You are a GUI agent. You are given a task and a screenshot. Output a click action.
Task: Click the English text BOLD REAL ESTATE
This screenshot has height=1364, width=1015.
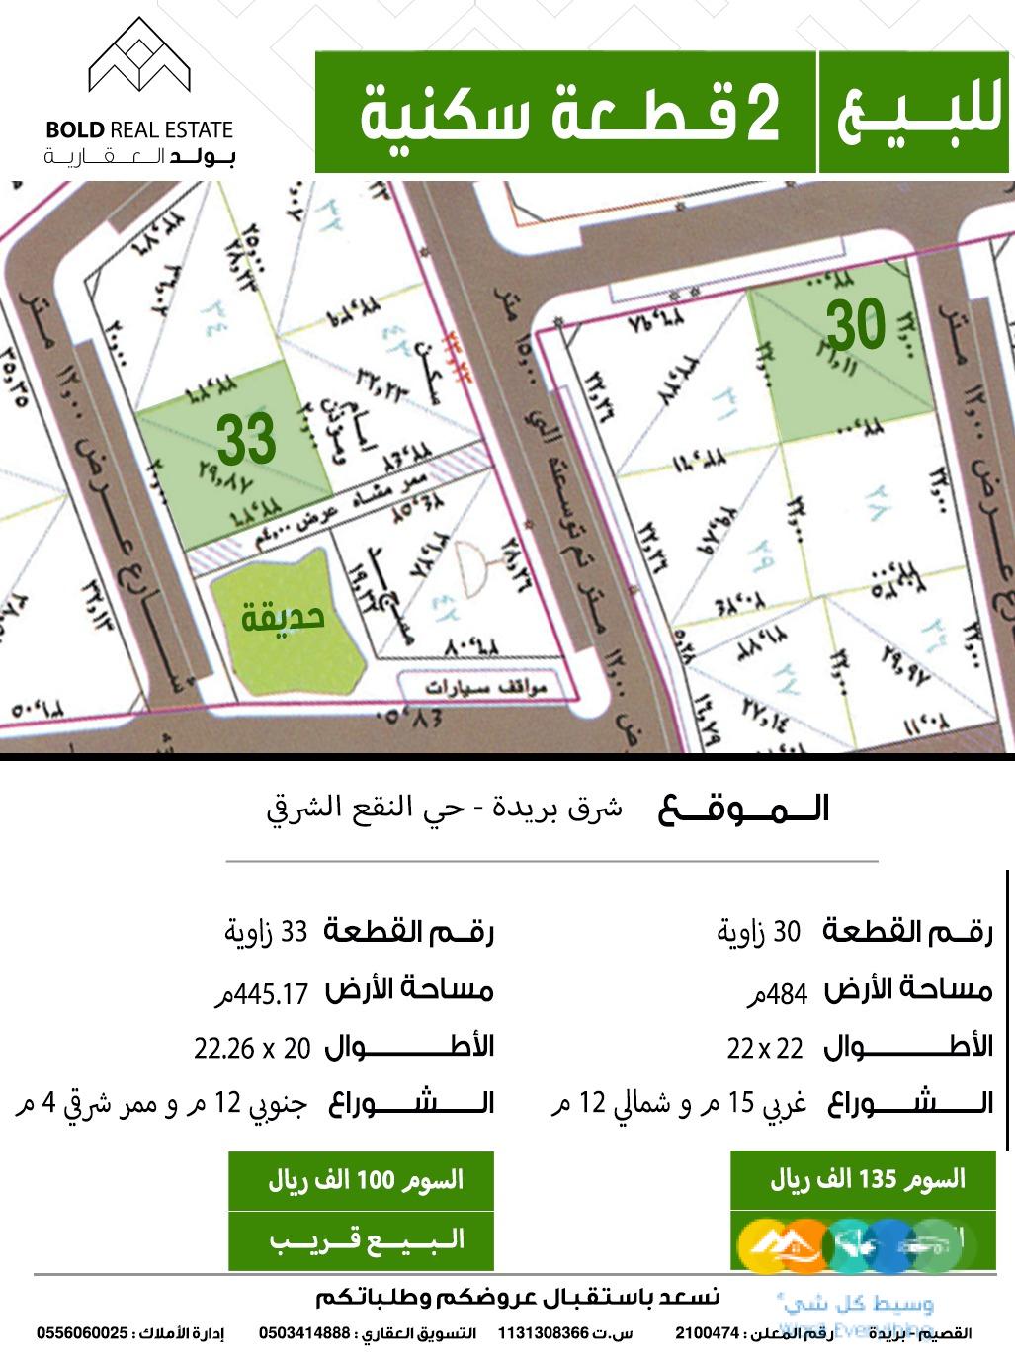point(138,129)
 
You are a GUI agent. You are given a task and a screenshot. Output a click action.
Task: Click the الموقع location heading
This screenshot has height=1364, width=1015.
point(743,810)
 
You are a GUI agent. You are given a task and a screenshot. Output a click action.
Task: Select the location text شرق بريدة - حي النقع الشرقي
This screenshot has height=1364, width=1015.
point(446,809)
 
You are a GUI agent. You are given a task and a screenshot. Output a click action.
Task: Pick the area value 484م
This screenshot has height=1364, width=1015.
point(778,993)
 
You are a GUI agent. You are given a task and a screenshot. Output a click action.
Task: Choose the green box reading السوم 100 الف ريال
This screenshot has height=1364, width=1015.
point(361,1180)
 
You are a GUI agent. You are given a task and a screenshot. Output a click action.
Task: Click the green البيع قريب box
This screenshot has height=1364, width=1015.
point(361,1239)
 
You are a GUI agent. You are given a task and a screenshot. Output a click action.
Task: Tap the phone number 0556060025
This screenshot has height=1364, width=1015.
point(83,1333)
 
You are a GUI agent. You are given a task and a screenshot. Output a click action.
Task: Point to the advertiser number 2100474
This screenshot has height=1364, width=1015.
point(709,1333)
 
